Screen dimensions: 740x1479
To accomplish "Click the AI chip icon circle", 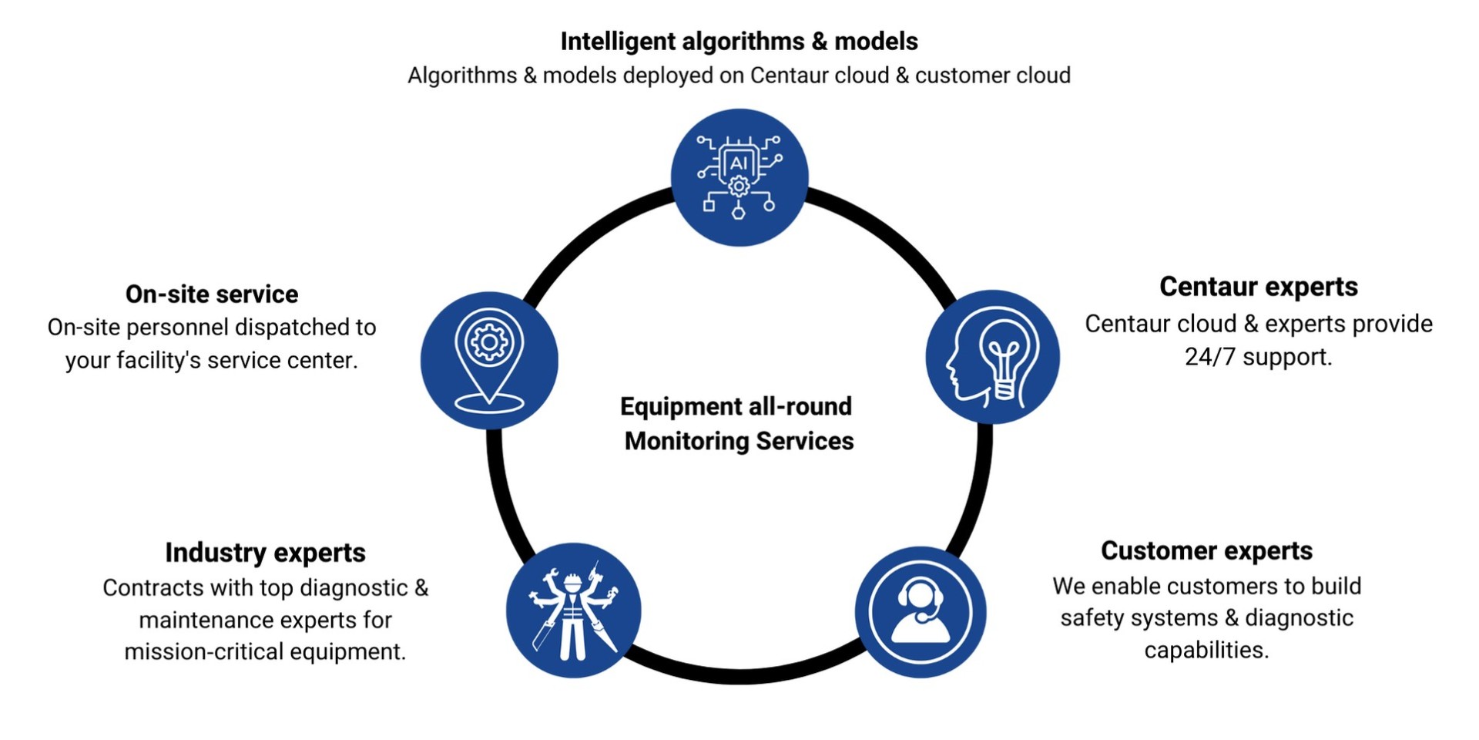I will point(739,177).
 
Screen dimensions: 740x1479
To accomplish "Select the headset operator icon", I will point(920,611).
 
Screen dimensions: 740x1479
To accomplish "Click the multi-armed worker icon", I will point(573,610).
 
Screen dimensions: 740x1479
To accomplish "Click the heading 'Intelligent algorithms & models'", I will point(739,42).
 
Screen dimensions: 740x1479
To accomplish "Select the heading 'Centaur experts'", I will point(1258,287).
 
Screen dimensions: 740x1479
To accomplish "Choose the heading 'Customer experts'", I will point(1206,551).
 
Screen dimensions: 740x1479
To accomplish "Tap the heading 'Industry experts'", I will point(265,553).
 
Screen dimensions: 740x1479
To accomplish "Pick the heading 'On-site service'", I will point(212,294).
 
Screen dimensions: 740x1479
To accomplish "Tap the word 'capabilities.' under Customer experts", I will point(1206,651).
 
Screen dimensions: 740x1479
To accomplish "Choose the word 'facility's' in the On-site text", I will point(159,361).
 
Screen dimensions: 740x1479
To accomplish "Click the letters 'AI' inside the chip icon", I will point(738,163).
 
